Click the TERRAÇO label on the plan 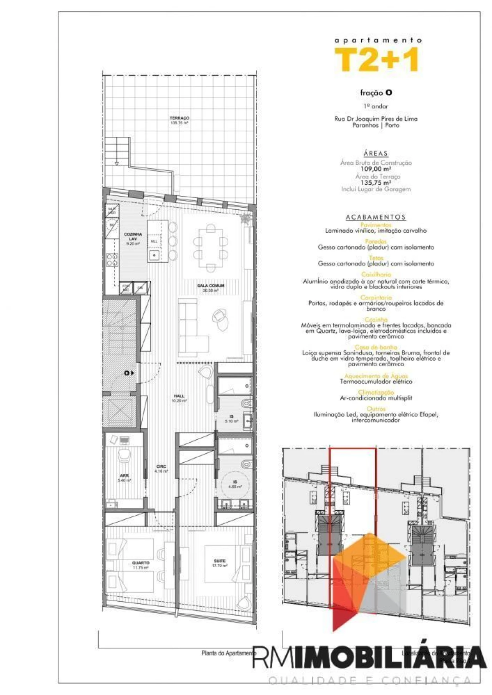(x=179, y=118)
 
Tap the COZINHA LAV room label (x=133, y=237)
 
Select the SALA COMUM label (x=211, y=286)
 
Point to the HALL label (x=179, y=396)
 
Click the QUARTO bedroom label (x=141, y=563)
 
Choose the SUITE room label (x=220, y=561)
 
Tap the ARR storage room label (x=124, y=476)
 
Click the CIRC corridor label (x=161, y=467)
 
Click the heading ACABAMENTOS (x=376, y=217)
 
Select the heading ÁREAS (x=376, y=154)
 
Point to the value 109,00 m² (x=376, y=169)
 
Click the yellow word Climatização (x=376, y=392)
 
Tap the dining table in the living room (x=211, y=248)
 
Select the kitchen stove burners (x=112, y=260)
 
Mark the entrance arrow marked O (x=129, y=372)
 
